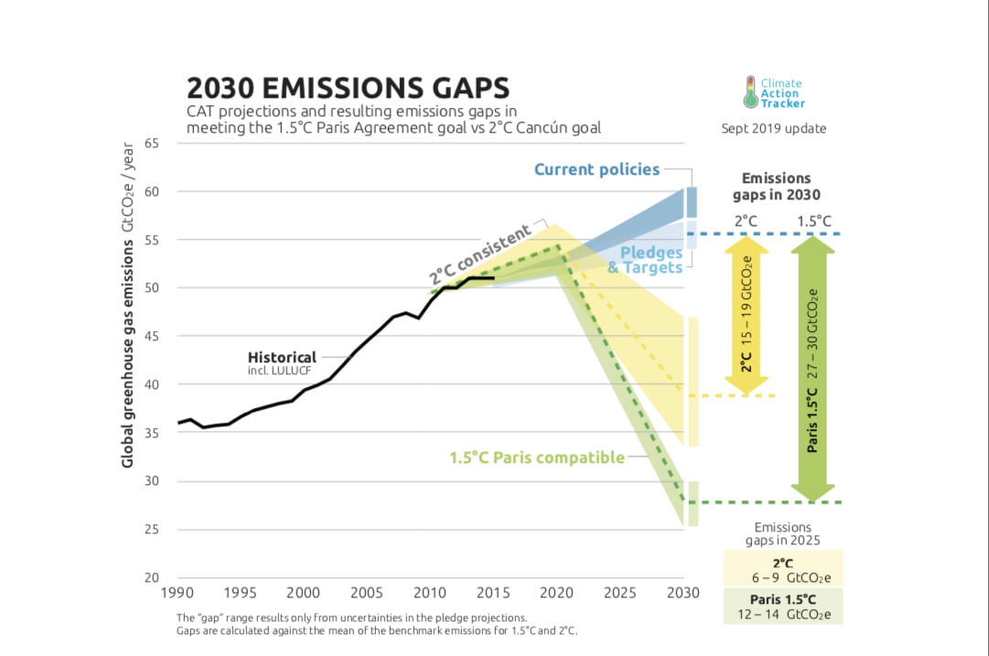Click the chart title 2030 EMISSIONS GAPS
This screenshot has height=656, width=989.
pyautogui.click(x=348, y=88)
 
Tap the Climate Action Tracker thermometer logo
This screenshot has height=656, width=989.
pyautogui.click(x=750, y=91)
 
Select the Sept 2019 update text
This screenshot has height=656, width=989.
pyautogui.click(x=773, y=129)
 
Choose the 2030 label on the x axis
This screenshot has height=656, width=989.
pyautogui.click(x=683, y=593)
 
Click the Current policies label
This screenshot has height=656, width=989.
pyautogui.click(x=597, y=169)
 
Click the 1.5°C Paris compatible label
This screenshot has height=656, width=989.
pyautogui.click(x=536, y=457)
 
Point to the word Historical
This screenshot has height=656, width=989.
pyautogui.click(x=282, y=357)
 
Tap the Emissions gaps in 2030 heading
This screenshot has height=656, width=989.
pyautogui.click(x=776, y=187)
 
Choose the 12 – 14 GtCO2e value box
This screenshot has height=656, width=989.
pyautogui.click(x=782, y=605)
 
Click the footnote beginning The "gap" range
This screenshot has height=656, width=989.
pyautogui.click(x=351, y=618)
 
